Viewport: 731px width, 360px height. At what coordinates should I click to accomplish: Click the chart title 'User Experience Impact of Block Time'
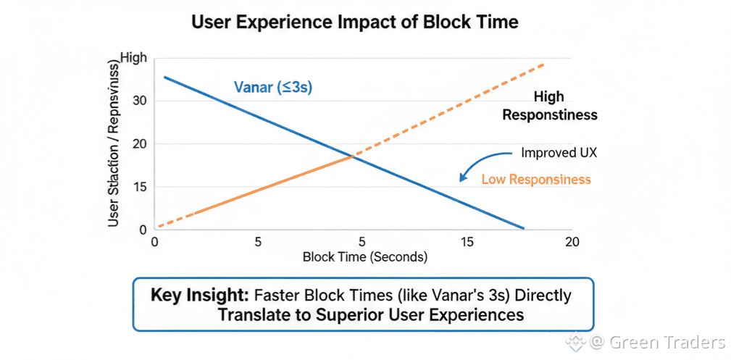355,22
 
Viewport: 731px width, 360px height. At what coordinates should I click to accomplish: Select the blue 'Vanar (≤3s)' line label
273,88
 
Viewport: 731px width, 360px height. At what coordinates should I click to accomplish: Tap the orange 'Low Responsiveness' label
536,179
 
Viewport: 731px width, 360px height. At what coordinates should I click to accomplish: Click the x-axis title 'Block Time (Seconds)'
365,257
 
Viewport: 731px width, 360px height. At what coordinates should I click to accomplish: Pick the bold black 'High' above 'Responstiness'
548,96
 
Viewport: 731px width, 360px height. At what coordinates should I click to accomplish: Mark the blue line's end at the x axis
523,229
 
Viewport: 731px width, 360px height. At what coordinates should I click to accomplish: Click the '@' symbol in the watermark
598,341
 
